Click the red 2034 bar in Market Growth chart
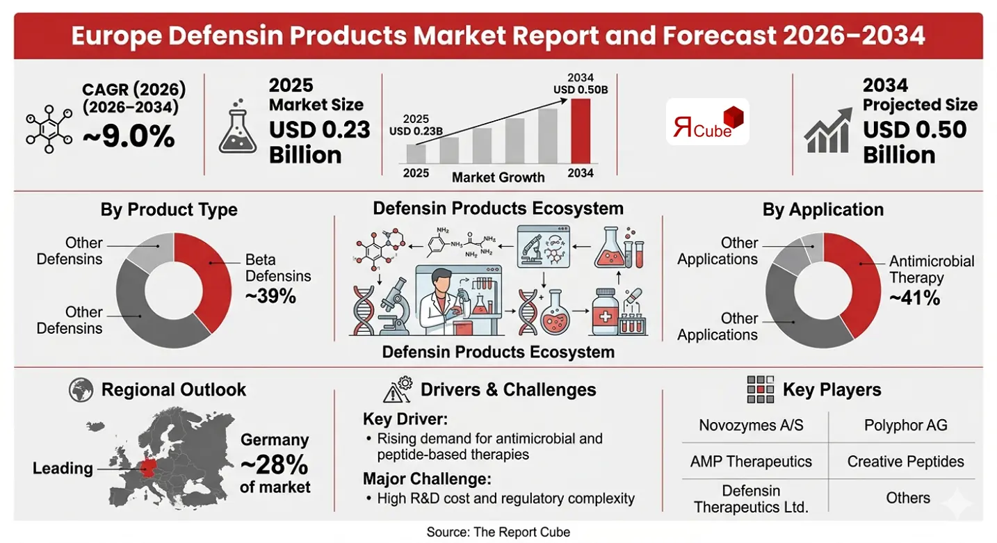click(x=581, y=131)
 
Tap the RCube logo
click(x=707, y=122)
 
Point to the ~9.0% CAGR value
click(x=129, y=136)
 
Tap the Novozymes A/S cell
click(x=751, y=425)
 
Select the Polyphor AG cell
click(x=905, y=425)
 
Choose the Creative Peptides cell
click(x=905, y=461)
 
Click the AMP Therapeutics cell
click(x=751, y=461)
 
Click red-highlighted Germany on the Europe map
click(x=148, y=468)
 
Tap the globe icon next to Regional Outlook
click(x=81, y=389)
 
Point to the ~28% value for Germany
click(x=275, y=463)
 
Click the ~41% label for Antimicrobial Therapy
click(x=914, y=298)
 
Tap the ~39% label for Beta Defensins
click(x=270, y=295)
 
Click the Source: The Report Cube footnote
click(x=498, y=532)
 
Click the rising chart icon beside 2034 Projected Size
click(x=828, y=130)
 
